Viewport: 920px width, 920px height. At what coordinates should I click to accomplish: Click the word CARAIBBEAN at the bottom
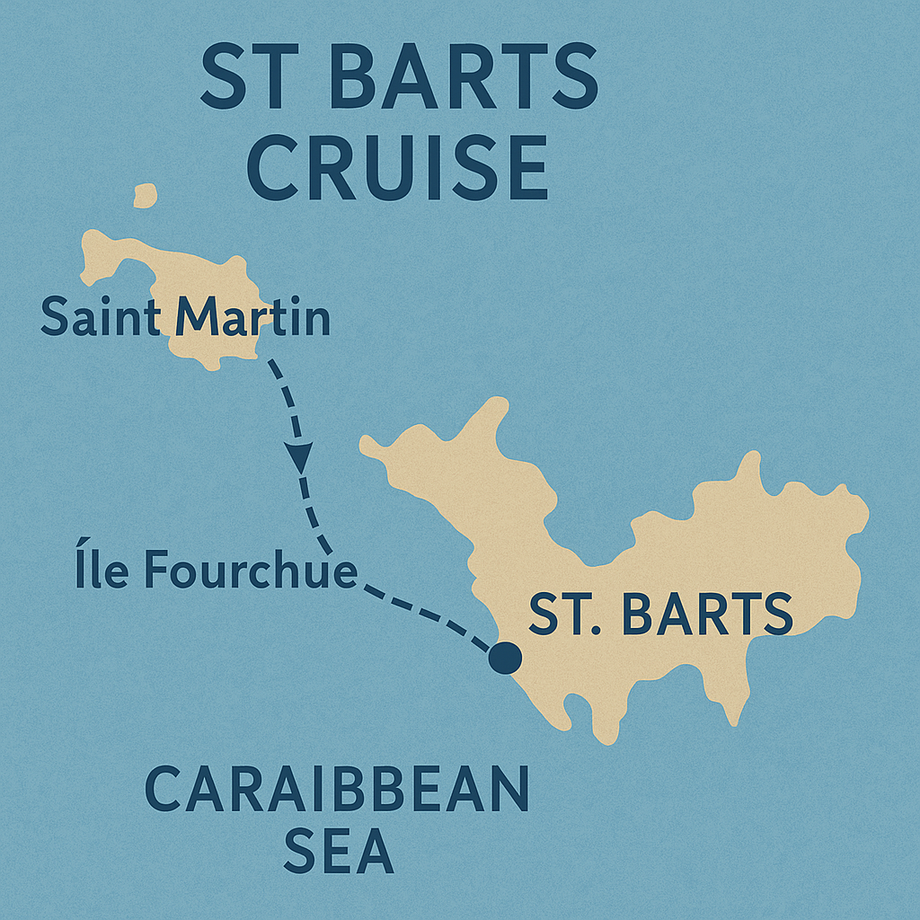pos(337,791)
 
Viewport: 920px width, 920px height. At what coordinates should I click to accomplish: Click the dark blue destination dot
pos(505,658)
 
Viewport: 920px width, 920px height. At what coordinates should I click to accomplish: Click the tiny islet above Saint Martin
pos(145,195)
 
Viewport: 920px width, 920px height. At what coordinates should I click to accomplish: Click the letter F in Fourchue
pos(155,571)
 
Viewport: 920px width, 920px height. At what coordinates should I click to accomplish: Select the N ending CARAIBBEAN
pos(507,791)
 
